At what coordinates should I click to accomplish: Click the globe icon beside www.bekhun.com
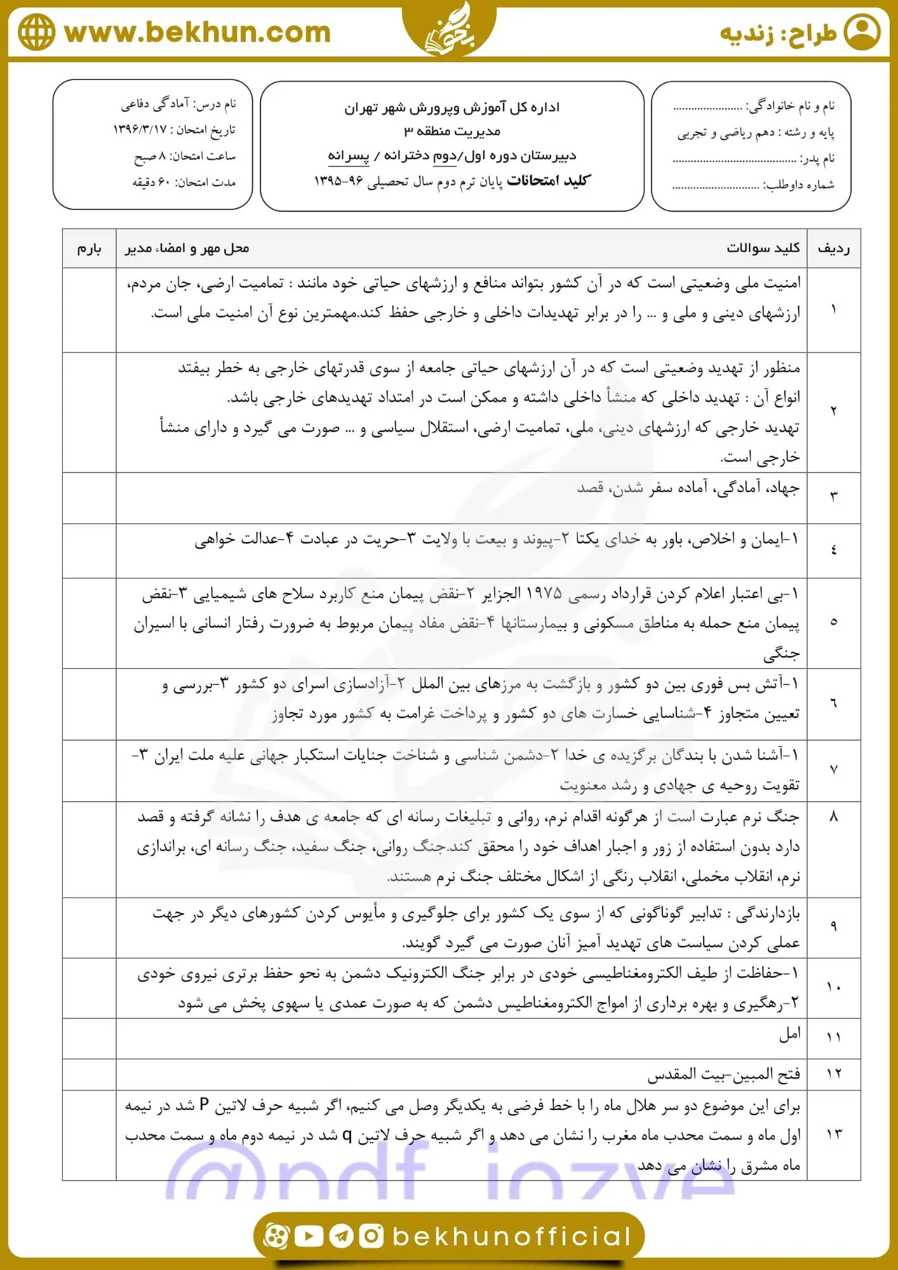point(36,32)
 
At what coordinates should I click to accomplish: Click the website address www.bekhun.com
point(198,32)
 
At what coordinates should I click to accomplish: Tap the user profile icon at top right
point(862,32)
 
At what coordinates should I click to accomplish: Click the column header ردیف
point(833,248)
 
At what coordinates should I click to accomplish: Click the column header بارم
point(89,248)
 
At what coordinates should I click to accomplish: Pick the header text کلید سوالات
point(763,248)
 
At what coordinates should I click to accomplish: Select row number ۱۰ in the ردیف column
point(833,987)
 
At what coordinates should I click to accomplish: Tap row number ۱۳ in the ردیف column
point(833,1134)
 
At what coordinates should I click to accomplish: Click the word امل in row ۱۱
point(789,1034)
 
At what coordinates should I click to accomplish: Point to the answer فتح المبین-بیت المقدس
point(723,1074)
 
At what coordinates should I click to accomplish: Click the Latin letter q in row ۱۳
point(347,1135)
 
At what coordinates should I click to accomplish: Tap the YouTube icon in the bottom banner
point(309,1236)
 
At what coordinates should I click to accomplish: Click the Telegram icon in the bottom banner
point(342,1236)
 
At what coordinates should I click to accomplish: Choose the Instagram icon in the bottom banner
point(372,1236)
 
